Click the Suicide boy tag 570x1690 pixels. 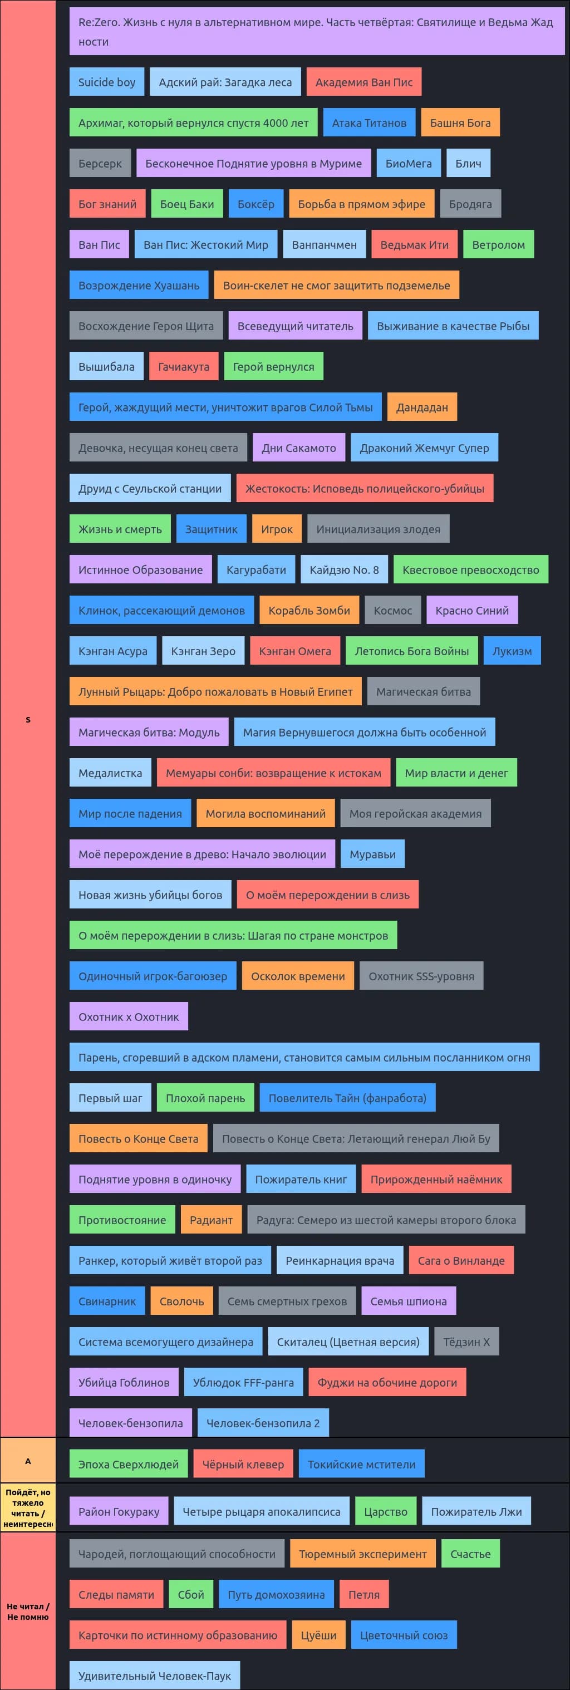point(107,82)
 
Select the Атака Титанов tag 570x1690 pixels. point(369,122)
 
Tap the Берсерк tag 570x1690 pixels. point(100,163)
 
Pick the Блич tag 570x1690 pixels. point(468,163)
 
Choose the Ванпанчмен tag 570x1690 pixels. point(325,245)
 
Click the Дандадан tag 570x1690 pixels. point(422,407)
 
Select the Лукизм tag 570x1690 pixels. point(512,651)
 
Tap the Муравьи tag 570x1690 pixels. point(372,854)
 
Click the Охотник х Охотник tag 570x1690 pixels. point(129,1017)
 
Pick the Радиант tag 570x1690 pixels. point(211,1220)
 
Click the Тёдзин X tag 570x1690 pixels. point(467,1342)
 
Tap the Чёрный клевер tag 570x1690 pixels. point(243,1465)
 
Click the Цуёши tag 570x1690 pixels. point(319,1635)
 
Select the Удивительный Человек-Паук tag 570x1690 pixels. point(155,1676)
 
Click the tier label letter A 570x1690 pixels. point(27,1462)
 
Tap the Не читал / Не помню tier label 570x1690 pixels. point(27,1612)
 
